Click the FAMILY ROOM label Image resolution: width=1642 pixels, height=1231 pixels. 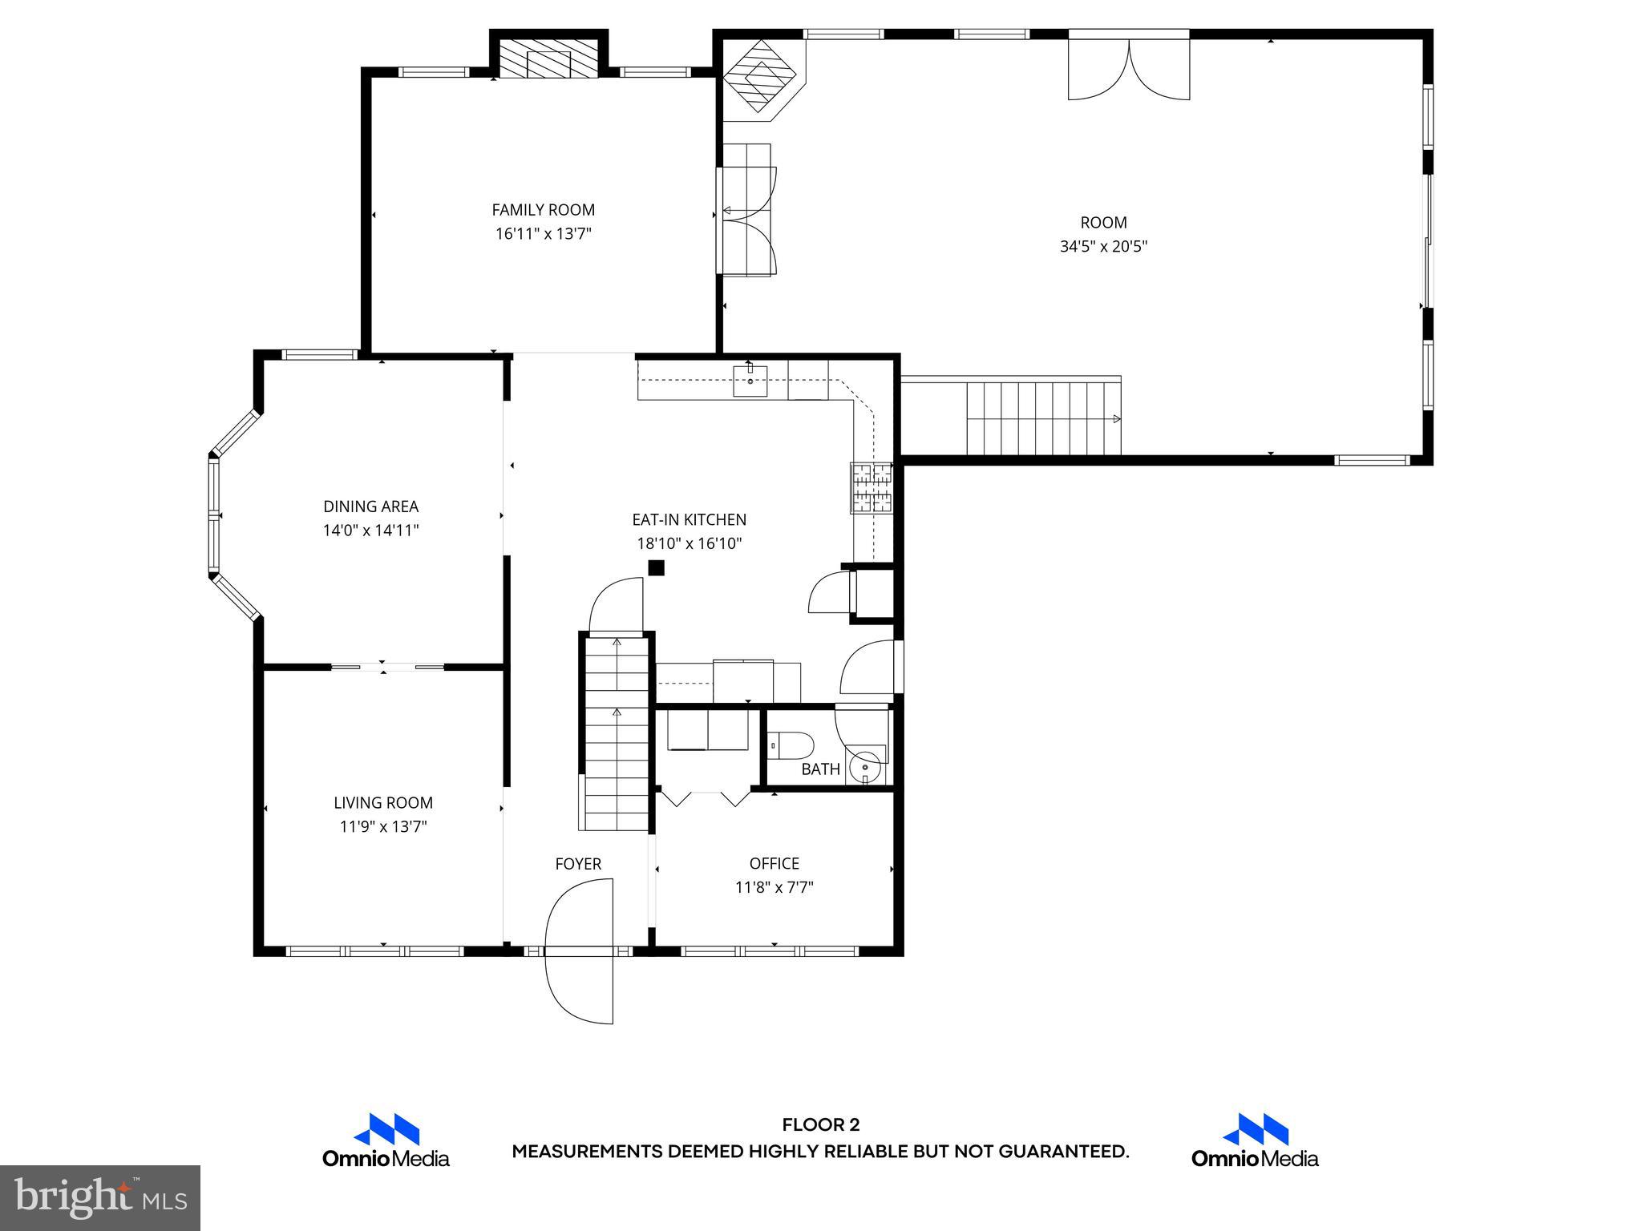click(x=543, y=210)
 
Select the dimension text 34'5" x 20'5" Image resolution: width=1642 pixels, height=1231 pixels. click(x=1103, y=247)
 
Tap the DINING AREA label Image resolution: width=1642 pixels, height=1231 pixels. click(x=370, y=507)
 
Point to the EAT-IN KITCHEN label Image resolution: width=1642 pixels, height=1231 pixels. click(x=689, y=520)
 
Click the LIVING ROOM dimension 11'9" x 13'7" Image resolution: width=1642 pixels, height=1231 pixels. click(x=382, y=827)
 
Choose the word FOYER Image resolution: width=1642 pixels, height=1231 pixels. click(x=578, y=864)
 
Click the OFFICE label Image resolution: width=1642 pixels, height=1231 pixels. click(x=774, y=863)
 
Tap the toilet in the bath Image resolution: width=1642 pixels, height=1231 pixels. click(x=792, y=746)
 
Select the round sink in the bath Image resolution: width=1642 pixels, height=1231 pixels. click(x=865, y=767)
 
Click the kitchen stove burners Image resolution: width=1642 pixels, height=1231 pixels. click(x=872, y=487)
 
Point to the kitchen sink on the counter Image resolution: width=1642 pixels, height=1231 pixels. click(x=750, y=381)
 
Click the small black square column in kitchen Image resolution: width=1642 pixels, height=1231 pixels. click(x=657, y=568)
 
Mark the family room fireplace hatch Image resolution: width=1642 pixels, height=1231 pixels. click(x=549, y=60)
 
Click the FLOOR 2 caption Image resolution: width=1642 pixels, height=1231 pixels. click(x=820, y=1125)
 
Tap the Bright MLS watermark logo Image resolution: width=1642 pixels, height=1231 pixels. click(x=100, y=1197)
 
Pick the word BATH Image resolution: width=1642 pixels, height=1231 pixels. click(x=820, y=769)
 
